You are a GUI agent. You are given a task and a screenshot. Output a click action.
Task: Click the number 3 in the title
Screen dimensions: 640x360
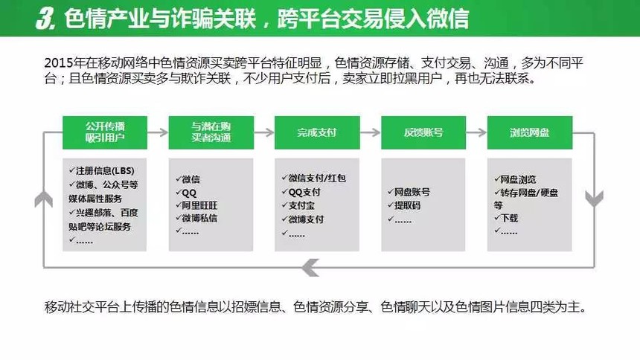point(45,19)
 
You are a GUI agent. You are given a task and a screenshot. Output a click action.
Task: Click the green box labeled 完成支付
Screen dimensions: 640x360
point(317,132)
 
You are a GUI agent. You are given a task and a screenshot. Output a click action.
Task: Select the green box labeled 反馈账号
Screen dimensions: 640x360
point(423,132)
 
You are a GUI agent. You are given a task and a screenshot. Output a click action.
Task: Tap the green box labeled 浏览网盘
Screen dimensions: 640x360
point(530,132)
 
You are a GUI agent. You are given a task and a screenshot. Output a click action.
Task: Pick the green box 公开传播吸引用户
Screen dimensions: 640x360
point(105,132)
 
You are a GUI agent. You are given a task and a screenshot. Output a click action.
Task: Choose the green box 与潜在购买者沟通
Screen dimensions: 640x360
point(211,132)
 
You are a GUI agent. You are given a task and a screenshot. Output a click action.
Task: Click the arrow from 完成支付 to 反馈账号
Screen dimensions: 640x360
point(370,132)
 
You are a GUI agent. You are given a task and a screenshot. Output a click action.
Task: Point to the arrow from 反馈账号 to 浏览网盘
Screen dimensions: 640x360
point(476,132)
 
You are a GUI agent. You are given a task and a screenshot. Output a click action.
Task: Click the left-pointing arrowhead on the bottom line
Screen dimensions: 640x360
point(311,268)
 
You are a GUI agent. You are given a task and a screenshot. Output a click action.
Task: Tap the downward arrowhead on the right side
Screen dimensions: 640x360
point(595,199)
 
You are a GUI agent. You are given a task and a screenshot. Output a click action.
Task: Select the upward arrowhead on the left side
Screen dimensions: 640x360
point(44,199)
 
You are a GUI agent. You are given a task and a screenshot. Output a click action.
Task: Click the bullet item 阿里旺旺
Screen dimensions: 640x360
point(196,205)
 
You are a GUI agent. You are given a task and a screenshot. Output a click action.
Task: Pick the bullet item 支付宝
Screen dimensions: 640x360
point(298,206)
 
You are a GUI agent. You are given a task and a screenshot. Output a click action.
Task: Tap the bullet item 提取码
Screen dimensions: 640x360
point(404,205)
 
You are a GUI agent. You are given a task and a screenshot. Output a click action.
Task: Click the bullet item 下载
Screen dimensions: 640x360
point(506,219)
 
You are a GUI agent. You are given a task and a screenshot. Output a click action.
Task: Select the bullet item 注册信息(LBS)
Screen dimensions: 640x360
point(102,170)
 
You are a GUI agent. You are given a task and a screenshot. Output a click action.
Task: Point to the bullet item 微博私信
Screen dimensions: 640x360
point(196,219)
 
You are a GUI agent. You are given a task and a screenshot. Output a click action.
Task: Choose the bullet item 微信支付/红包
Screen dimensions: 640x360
point(313,179)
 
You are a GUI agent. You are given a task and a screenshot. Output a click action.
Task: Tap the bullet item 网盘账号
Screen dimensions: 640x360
point(409,192)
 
